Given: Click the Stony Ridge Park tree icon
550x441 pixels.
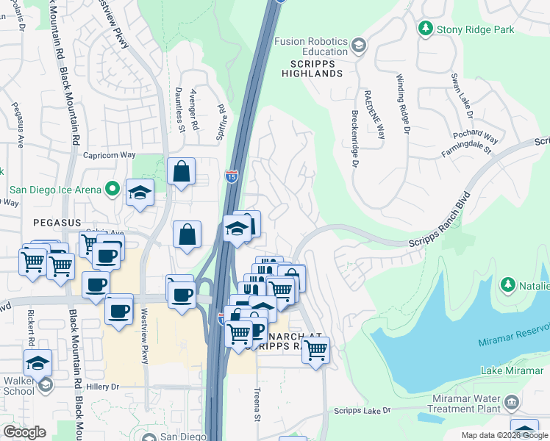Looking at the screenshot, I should coord(425,29).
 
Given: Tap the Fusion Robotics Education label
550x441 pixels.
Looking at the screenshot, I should coord(311,46).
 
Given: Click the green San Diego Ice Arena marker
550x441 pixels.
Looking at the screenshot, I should coord(112,190).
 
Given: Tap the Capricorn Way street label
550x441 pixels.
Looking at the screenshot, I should coord(110,155).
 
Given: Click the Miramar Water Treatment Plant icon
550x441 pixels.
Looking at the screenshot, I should coord(512,403).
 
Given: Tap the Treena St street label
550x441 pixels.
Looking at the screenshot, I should coord(258,405).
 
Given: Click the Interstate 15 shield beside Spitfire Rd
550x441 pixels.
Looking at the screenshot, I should coord(231,176).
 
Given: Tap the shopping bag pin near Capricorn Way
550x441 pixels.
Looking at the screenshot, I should coord(181,173).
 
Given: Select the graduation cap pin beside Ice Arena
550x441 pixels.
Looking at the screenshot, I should coord(140,193).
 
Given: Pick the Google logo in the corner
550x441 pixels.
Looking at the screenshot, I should coord(24,431).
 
